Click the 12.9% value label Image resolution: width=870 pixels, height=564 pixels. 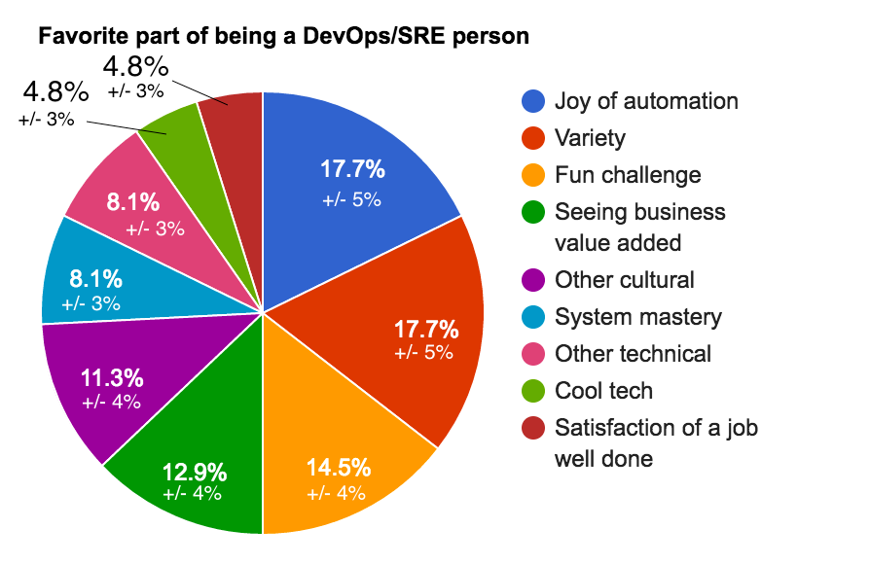tap(194, 473)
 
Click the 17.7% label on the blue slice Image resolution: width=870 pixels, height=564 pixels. tap(352, 169)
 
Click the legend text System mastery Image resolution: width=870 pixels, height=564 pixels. tap(638, 317)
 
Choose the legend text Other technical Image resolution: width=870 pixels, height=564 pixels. tap(633, 354)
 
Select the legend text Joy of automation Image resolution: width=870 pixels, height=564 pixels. tap(646, 101)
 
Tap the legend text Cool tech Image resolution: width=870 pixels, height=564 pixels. tap(603, 391)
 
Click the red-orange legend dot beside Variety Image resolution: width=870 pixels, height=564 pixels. tap(533, 138)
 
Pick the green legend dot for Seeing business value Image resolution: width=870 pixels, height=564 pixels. tap(533, 212)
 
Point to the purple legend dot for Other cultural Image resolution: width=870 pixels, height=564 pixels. tap(533, 280)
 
